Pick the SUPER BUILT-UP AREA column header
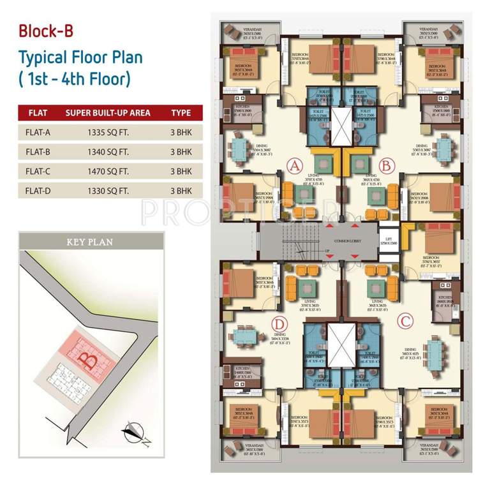108,113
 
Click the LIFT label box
387,241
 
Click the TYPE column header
181,113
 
